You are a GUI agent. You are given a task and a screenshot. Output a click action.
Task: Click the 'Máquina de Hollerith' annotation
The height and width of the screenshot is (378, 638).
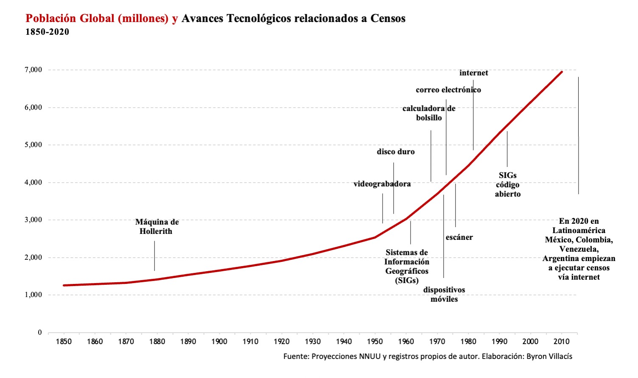(x=157, y=227)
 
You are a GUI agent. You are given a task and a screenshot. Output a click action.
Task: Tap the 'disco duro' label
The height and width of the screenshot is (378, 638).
(x=395, y=152)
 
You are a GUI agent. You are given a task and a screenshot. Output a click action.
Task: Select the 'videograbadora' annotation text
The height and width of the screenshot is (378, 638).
(x=382, y=184)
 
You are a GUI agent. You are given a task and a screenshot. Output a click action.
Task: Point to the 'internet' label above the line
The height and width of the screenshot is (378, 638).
(x=473, y=73)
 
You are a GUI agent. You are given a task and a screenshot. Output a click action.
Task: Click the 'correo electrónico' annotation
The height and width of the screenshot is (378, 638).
(x=448, y=90)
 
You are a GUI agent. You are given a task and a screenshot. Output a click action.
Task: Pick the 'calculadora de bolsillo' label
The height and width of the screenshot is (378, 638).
(x=429, y=113)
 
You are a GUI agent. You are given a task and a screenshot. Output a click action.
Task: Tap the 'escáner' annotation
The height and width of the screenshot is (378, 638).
(x=459, y=237)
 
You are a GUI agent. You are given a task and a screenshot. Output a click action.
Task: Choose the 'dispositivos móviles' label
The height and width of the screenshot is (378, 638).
(x=444, y=295)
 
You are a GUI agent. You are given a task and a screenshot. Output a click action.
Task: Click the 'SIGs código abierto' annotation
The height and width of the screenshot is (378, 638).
(x=508, y=185)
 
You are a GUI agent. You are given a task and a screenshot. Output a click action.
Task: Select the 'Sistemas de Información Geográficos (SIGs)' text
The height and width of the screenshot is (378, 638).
(x=406, y=267)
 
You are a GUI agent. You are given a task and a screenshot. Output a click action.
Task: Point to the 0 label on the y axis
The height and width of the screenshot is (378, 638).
(x=40, y=333)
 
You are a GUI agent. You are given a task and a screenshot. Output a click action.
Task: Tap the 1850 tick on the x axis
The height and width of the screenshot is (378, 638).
(x=64, y=342)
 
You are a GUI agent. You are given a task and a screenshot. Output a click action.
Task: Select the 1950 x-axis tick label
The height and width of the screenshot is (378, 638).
(x=375, y=342)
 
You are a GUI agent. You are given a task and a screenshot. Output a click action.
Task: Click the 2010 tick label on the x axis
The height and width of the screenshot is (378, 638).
(x=561, y=342)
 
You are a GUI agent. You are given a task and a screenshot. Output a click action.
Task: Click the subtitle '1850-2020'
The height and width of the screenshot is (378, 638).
(x=47, y=32)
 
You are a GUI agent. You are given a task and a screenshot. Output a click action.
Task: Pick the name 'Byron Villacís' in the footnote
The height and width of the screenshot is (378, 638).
(x=549, y=356)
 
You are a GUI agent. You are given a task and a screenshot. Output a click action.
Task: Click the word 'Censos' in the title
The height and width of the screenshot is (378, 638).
(x=388, y=19)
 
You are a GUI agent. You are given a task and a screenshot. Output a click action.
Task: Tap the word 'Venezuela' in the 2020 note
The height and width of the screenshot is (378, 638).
(x=578, y=249)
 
